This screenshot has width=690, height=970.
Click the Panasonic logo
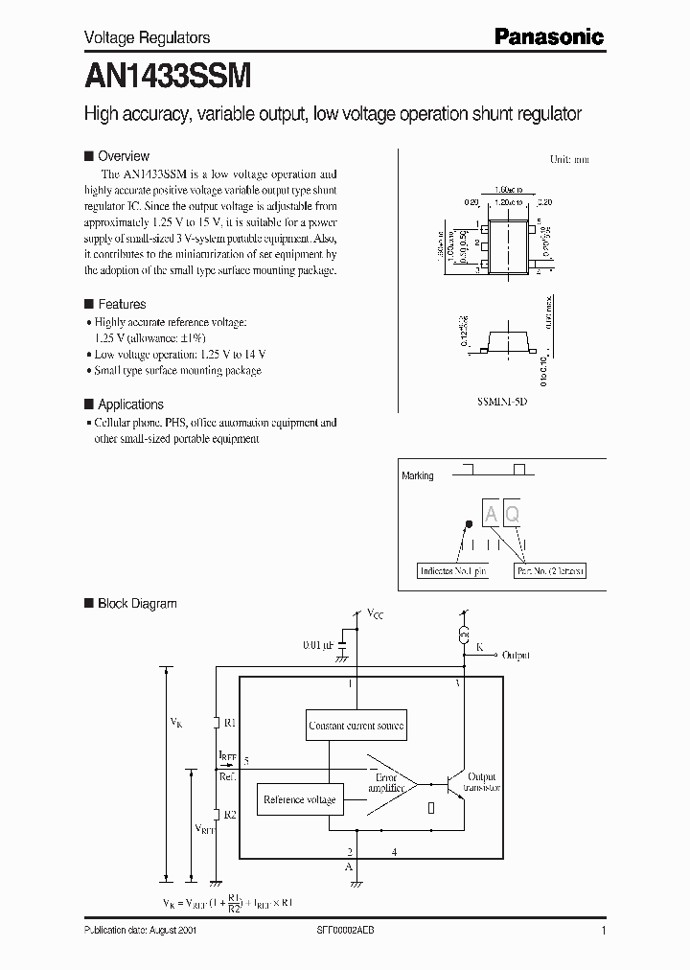(x=549, y=36)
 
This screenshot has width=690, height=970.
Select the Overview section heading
(x=124, y=156)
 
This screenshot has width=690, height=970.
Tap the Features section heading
(x=122, y=304)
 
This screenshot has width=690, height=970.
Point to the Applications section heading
(x=130, y=404)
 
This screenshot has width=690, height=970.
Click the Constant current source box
(x=356, y=726)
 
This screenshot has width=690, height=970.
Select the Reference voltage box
(x=299, y=799)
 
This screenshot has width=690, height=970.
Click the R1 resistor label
(x=230, y=723)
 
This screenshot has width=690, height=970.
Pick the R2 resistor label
(x=230, y=815)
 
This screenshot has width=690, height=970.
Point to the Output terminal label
(x=517, y=655)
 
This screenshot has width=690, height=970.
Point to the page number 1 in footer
(x=603, y=931)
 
